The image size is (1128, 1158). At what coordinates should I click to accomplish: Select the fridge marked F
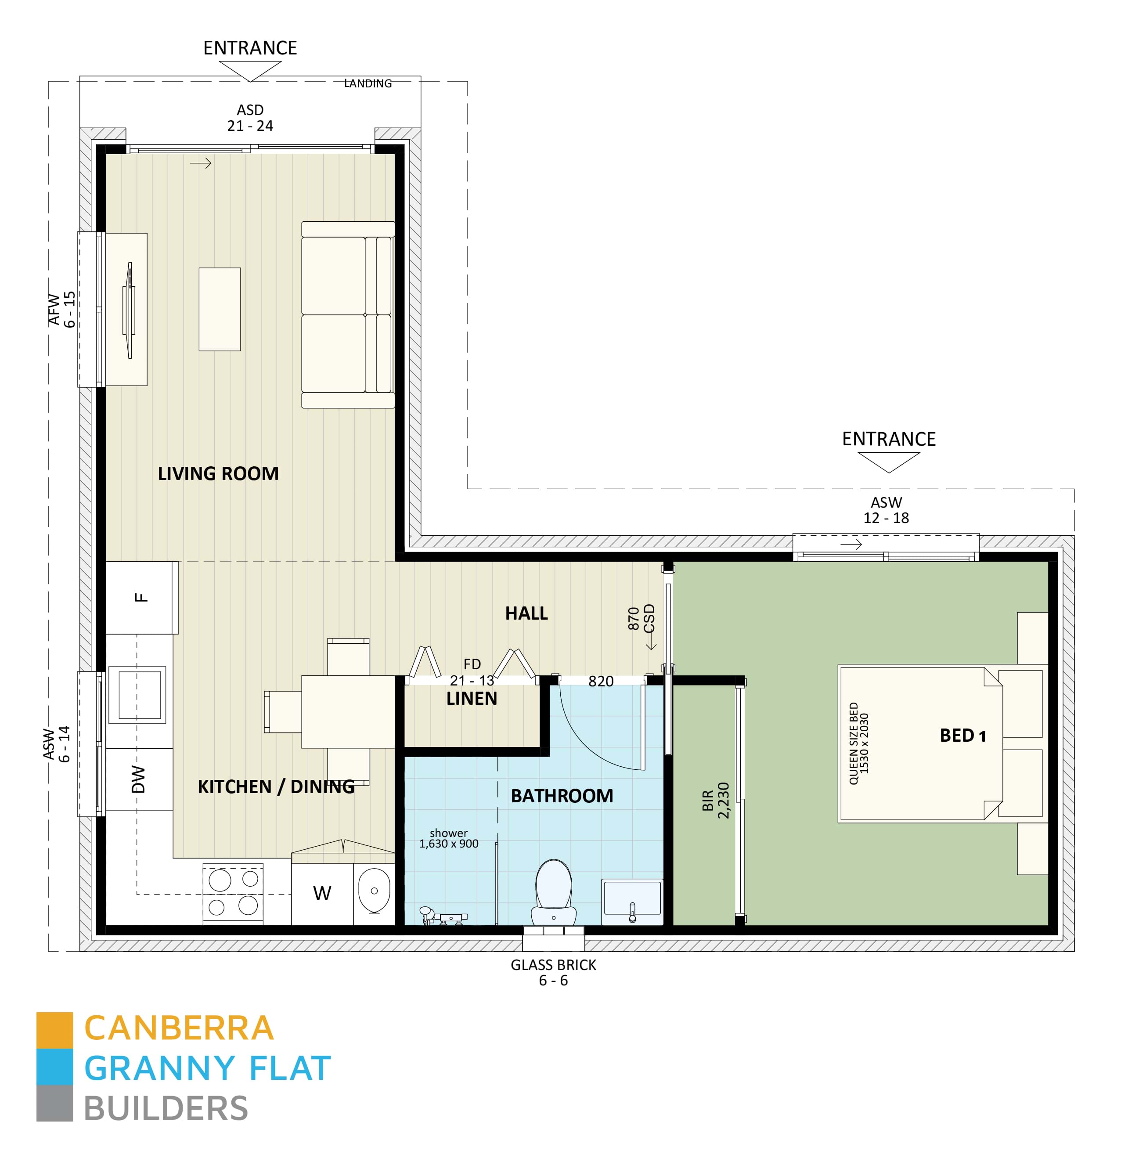click(141, 597)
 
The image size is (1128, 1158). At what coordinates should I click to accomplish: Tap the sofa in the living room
click(348, 315)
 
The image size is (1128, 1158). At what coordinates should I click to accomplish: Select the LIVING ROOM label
click(218, 473)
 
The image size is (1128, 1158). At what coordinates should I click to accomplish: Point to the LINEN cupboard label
click(472, 699)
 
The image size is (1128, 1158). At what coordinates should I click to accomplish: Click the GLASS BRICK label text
click(553, 965)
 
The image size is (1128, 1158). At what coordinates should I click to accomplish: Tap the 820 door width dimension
click(601, 682)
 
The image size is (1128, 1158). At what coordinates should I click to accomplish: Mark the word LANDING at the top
click(368, 83)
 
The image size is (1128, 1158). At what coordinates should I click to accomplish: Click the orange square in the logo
click(54, 1030)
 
